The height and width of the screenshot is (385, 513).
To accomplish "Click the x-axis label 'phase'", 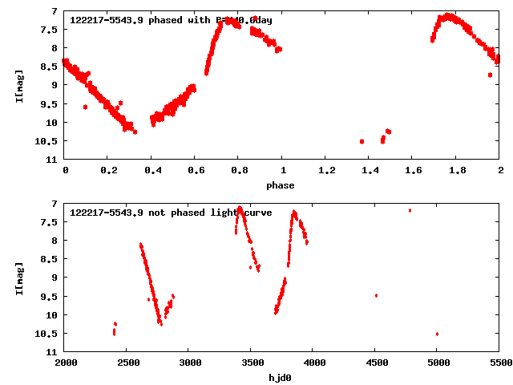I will coord(281,185).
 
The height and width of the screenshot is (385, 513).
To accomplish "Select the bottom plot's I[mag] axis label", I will coord(19,277).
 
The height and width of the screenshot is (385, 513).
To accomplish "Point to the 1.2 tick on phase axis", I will coord(326,171).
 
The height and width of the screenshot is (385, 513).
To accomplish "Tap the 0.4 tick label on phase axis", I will coord(151,171).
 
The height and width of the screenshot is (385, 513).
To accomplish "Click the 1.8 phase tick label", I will coord(457,171).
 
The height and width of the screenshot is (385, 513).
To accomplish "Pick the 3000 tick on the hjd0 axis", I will coord(190,363).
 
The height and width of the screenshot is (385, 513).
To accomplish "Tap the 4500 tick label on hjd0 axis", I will coord(376,363).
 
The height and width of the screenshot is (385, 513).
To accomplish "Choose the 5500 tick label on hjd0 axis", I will coord(499,363).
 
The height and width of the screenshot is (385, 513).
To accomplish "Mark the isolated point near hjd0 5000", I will coord(437,334).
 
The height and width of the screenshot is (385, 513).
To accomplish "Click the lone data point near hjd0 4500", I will coord(376,295).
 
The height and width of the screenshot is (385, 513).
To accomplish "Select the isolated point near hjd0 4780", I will coord(410,210).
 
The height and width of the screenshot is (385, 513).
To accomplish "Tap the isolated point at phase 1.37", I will coord(362,141).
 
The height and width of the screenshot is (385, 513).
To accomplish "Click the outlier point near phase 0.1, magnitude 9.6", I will coord(85,107).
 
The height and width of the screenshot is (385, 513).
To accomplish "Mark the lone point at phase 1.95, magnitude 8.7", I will coord(490,75).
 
